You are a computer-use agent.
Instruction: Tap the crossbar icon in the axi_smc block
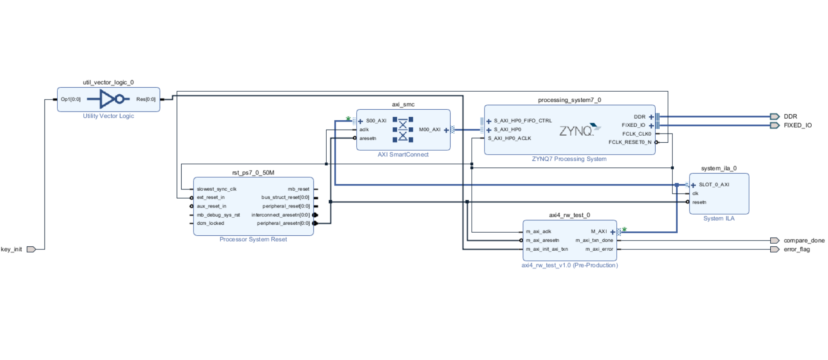point(403,130)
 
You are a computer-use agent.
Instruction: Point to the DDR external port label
point(790,117)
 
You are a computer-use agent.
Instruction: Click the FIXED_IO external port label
point(797,126)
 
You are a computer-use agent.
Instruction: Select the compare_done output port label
point(804,241)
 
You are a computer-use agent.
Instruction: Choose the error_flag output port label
point(796,249)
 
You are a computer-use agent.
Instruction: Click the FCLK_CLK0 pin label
point(636,134)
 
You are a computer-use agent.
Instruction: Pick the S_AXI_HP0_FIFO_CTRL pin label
point(522,121)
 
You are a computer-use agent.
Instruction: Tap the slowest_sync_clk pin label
point(216,189)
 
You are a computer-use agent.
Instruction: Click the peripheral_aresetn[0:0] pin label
point(283,223)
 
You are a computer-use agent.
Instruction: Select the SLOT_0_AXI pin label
point(714,185)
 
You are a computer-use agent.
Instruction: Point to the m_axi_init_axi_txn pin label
point(547,249)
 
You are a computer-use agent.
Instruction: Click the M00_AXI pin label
point(429,130)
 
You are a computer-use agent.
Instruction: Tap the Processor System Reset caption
point(253,239)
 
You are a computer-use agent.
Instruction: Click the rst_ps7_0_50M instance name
point(253,173)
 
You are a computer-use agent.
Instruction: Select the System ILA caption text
point(719,219)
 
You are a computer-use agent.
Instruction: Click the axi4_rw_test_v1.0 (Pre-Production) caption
point(569,265)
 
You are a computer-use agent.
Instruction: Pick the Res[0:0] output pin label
point(145,100)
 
